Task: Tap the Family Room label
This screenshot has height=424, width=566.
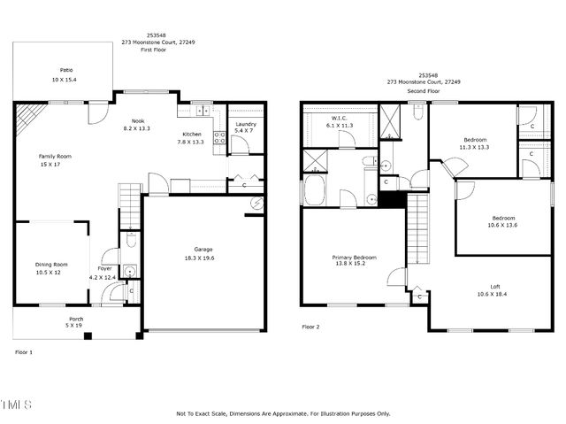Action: click(55, 156)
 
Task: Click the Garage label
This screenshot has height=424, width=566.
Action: click(204, 249)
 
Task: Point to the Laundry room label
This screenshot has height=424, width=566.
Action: click(246, 124)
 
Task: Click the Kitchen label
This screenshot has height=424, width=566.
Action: click(192, 134)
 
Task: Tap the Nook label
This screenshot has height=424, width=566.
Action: click(138, 120)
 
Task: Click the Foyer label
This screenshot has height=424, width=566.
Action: click(105, 268)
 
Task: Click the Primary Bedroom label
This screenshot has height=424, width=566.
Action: click(353, 257)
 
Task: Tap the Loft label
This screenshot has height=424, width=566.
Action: click(495, 286)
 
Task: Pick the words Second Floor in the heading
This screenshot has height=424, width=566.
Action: click(423, 91)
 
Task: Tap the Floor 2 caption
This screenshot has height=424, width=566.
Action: click(311, 327)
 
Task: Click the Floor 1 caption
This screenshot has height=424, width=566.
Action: click(24, 351)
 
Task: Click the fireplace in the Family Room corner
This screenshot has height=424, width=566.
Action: click(30, 115)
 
